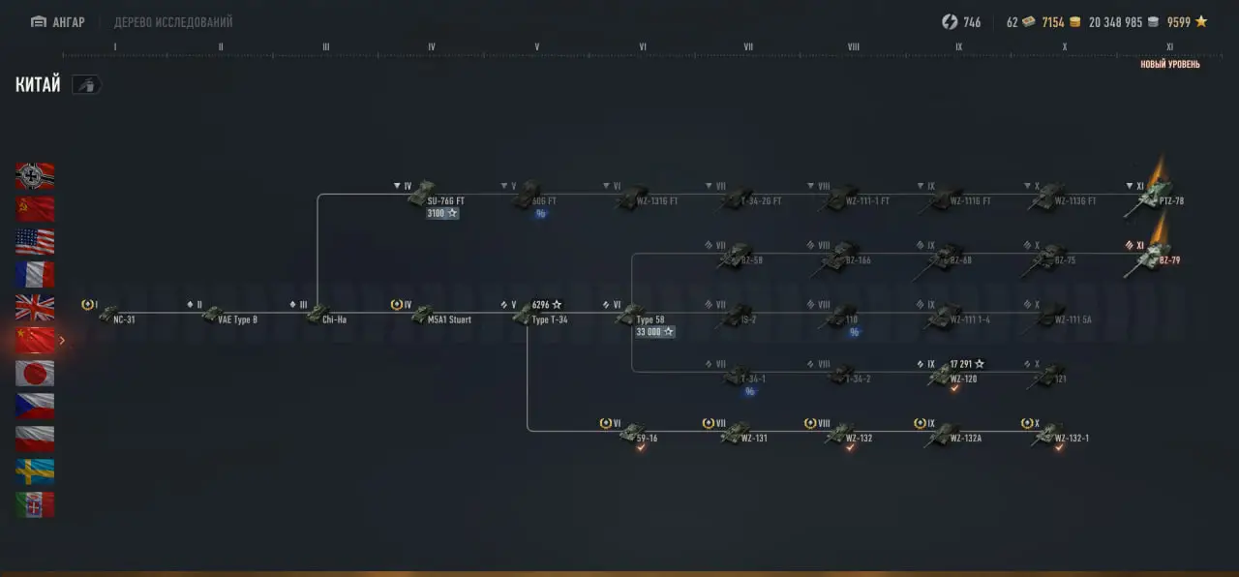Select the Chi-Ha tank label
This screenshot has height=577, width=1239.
click(x=334, y=319)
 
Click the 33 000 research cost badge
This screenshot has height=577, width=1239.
click(x=654, y=332)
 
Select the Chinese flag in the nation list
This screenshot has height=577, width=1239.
click(x=35, y=340)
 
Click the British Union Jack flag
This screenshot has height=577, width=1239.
click(x=35, y=307)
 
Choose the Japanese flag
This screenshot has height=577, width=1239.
click(x=35, y=373)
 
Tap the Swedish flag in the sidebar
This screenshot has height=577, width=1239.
click(x=35, y=471)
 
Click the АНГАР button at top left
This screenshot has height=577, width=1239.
click(x=58, y=22)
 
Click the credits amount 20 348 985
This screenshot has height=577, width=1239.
click(x=1115, y=22)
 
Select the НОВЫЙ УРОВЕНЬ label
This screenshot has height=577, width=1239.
click(x=1169, y=65)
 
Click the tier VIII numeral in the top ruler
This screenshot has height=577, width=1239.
click(x=853, y=46)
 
